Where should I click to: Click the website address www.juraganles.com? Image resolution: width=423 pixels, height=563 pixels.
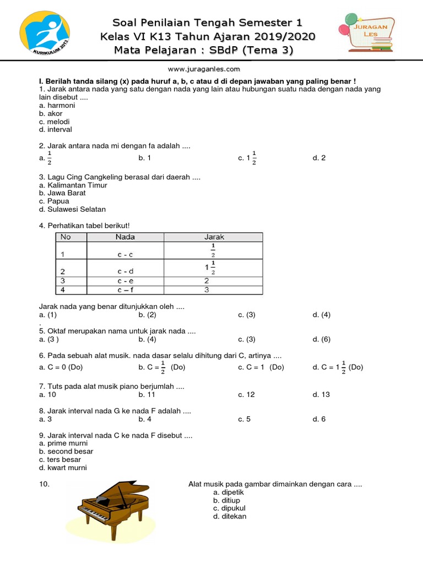point(204,69)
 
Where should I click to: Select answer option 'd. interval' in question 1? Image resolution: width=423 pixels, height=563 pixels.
point(56,130)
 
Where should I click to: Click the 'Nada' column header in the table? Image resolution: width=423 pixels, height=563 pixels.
point(125,237)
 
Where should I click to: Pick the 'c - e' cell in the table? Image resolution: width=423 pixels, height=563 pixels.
point(125,280)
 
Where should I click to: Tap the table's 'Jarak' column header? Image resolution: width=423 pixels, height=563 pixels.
point(214,237)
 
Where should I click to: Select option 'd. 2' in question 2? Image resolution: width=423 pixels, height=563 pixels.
point(319,158)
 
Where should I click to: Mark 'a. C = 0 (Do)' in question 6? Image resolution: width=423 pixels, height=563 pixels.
point(61,367)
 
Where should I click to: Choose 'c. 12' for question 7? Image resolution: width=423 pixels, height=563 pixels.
point(246,394)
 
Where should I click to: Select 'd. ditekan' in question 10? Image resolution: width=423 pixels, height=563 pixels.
point(230,516)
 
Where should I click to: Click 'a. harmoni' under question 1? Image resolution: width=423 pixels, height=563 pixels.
point(57,105)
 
